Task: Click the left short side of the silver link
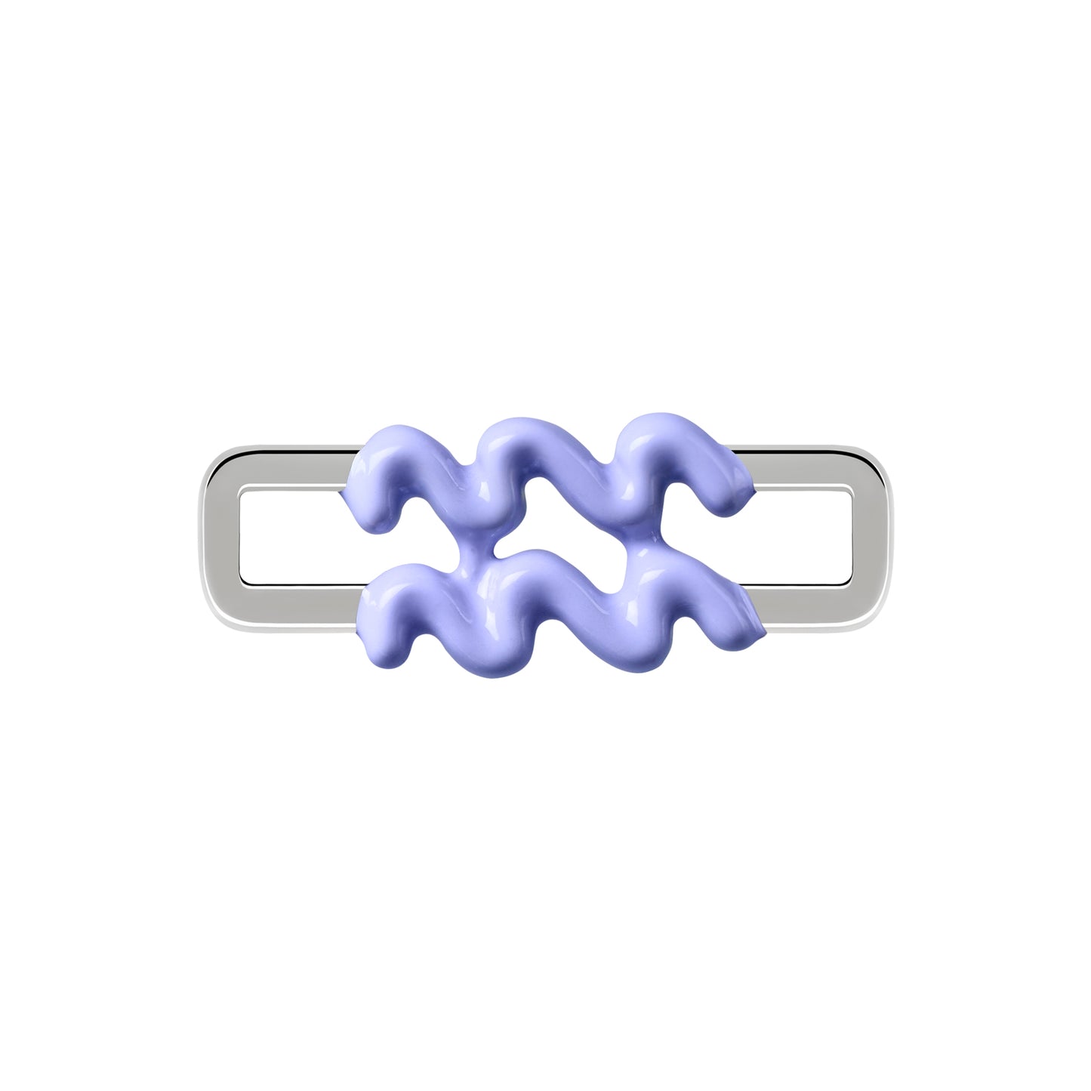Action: point(220,538)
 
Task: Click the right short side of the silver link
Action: point(870,538)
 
